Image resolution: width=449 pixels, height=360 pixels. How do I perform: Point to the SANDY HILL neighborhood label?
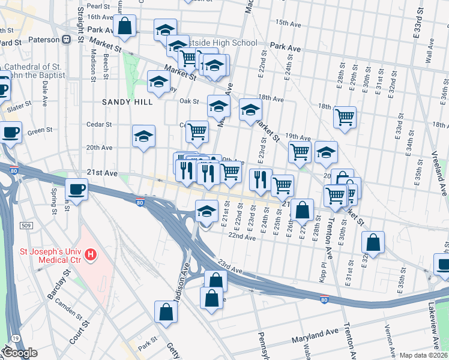[127, 102]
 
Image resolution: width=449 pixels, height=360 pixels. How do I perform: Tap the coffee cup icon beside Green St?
[11, 133]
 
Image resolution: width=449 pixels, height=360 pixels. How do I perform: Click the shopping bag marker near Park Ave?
[125, 26]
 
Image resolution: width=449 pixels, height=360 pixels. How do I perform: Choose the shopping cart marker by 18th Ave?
[345, 118]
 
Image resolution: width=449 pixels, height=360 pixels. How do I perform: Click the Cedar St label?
[100, 125]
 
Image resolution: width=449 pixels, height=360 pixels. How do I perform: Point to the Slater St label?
[20, 106]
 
